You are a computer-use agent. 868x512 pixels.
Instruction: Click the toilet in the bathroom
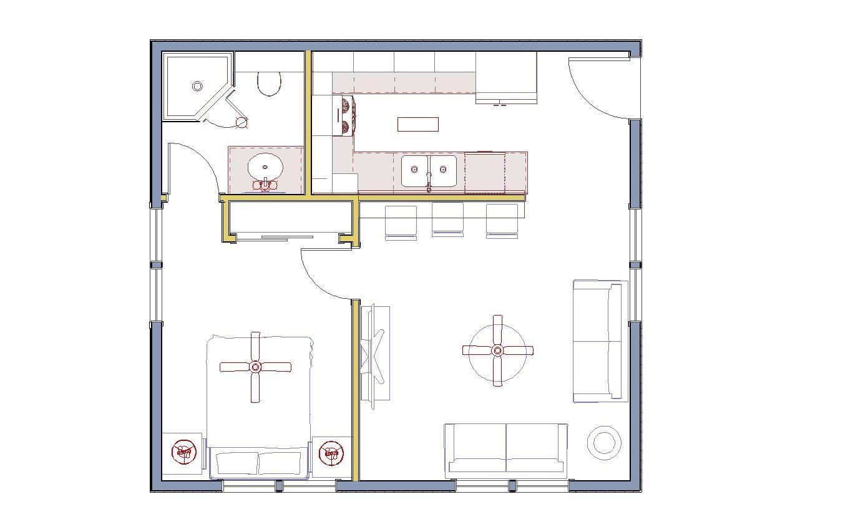tap(270, 83)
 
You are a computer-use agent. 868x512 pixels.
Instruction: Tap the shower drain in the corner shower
tap(198, 85)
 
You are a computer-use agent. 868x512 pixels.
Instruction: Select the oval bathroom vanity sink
tap(265, 168)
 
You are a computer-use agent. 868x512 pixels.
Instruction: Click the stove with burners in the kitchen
tap(344, 115)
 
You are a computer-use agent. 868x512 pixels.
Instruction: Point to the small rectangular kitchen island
tap(417, 124)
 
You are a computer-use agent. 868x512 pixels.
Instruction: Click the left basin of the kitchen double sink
tap(414, 170)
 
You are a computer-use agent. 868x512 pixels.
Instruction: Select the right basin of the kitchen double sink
tap(443, 170)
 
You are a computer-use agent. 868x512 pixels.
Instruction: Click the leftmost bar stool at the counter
tap(401, 222)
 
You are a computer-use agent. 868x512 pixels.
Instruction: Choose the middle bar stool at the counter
tap(447, 220)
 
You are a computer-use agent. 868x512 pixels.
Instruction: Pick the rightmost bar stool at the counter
tap(502, 221)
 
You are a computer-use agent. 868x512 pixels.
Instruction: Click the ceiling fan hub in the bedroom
tap(255, 367)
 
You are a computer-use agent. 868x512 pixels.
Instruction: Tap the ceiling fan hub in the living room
tap(497, 350)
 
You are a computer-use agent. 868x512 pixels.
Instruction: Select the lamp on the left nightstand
tap(185, 452)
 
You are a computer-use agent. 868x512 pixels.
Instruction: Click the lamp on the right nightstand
tap(331, 453)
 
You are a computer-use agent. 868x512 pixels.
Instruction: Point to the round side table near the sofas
tap(604, 443)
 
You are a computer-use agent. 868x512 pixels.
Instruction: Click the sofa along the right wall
tap(599, 341)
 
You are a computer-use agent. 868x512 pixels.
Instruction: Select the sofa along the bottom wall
tap(505, 450)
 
